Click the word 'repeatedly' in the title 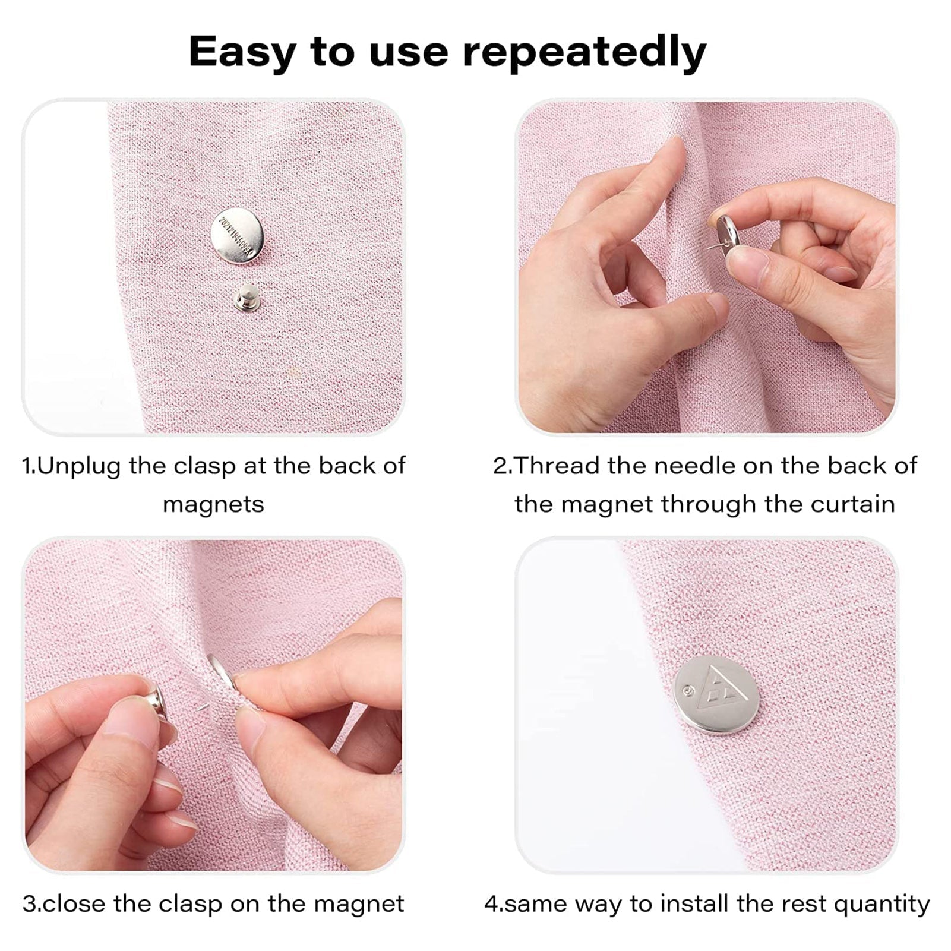pos(584,52)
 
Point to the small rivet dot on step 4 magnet pos(688,691)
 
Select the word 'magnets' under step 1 pos(213,504)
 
